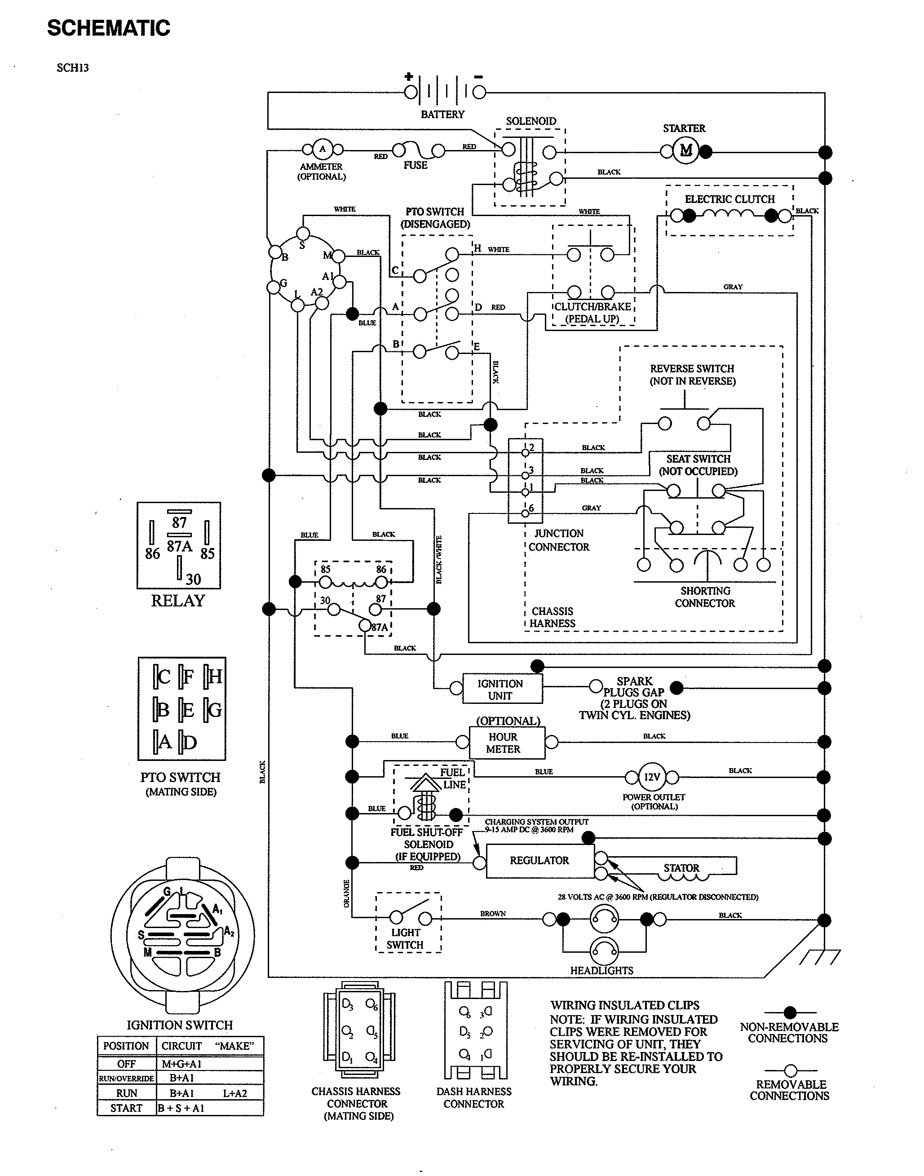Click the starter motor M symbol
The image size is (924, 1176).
pos(686,151)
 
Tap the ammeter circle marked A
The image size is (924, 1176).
pos(323,149)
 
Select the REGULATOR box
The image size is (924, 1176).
pos(540,861)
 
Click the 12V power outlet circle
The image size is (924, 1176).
pos(652,777)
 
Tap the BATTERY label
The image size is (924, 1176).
pos(442,114)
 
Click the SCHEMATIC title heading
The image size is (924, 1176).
pos(108,28)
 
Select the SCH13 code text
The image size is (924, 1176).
pos(72,68)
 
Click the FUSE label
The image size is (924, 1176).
pos(415,165)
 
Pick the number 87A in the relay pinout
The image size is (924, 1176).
pos(179,546)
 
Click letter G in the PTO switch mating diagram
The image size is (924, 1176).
pos(214,710)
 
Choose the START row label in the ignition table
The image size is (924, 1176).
pos(126,1108)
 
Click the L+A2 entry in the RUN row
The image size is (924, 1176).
pos(235,1093)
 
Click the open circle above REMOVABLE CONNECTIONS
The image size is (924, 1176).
pos(791,1070)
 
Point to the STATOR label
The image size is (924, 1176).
pos(681,868)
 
